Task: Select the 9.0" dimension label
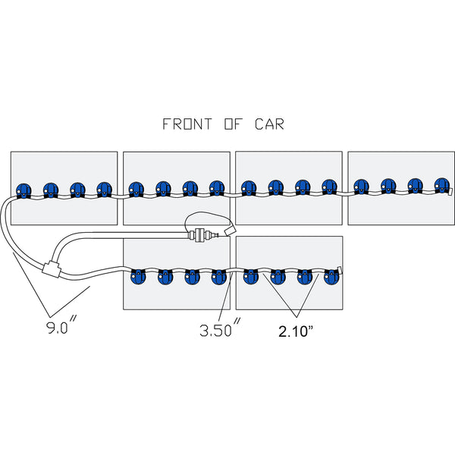61,330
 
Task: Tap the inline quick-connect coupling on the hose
199,234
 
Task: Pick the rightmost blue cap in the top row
442,185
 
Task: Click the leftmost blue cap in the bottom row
138,276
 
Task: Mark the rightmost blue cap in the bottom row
331,276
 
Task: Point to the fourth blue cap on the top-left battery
104,189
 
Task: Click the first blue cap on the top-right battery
362,186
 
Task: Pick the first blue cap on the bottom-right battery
250,276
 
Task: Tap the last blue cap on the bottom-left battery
218,276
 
